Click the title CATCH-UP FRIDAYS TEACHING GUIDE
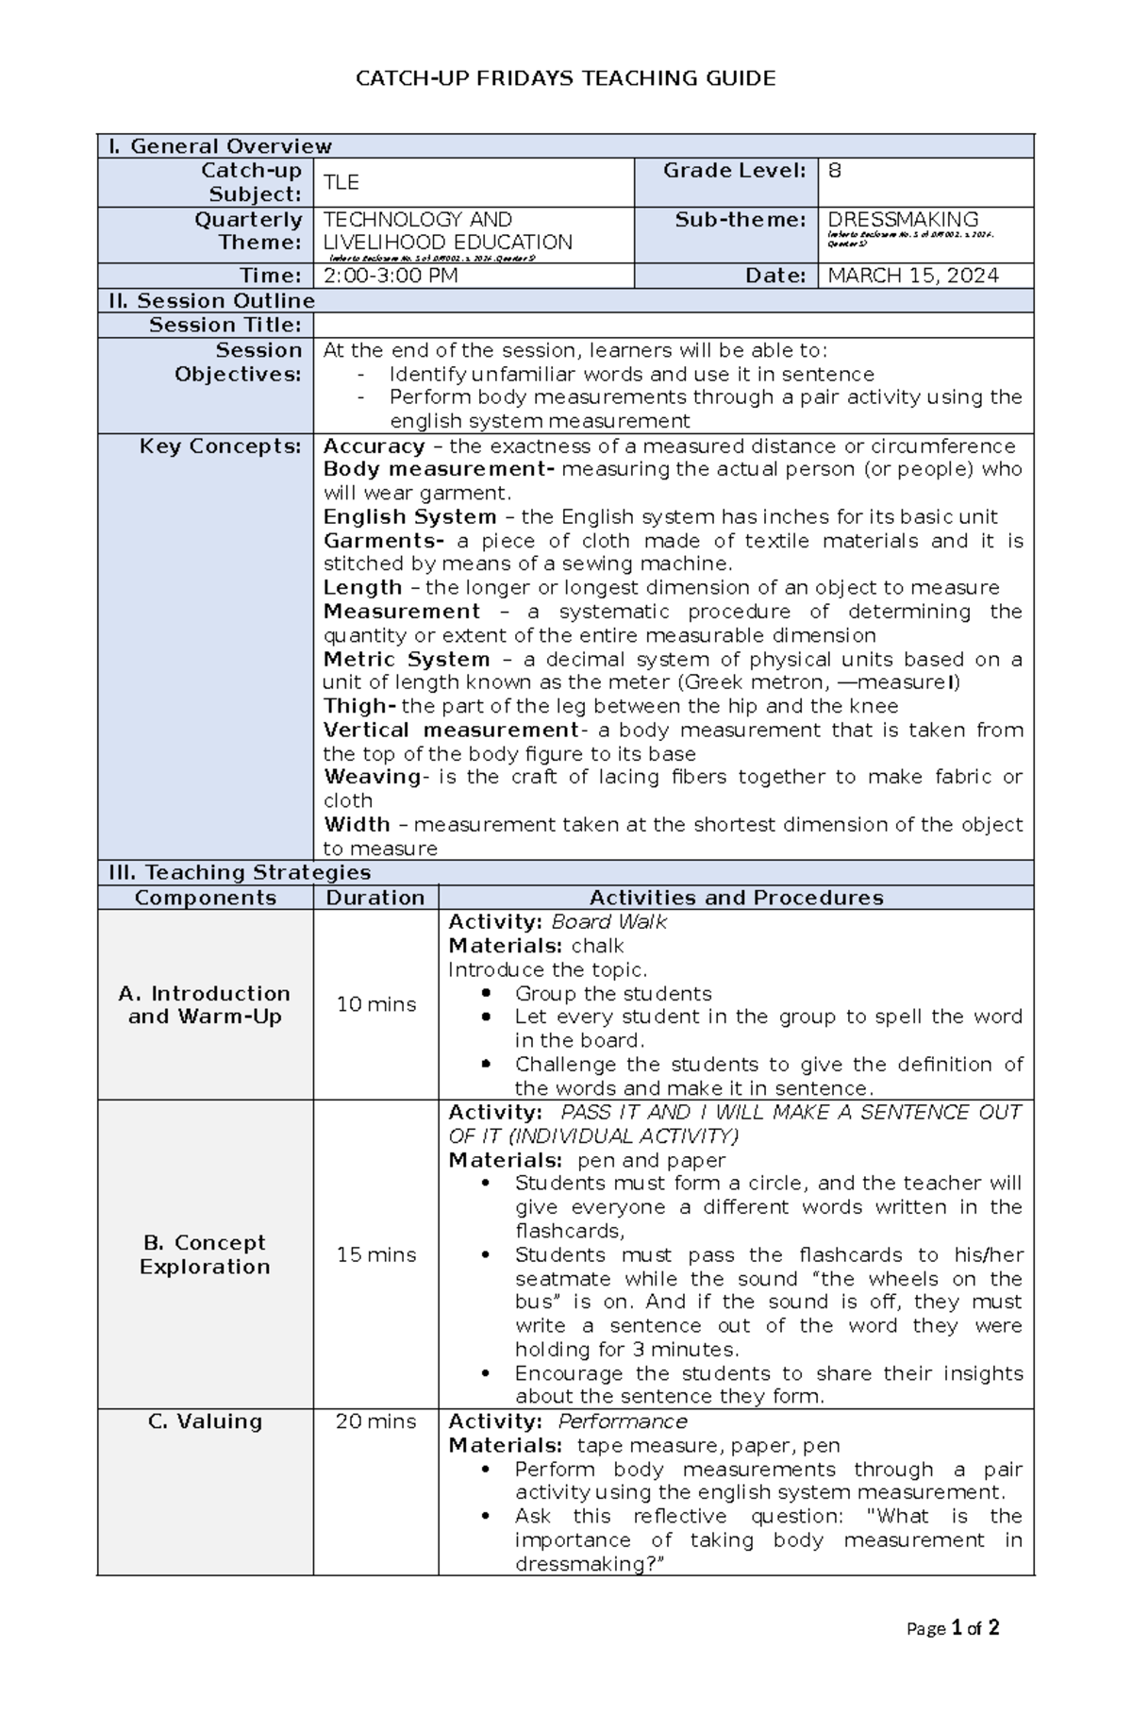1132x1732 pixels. point(565,78)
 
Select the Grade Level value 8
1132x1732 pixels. point(834,171)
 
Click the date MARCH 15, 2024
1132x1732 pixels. point(912,276)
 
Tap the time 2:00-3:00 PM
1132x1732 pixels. point(391,276)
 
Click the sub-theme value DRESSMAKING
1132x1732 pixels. point(902,219)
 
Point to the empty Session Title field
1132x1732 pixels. point(673,326)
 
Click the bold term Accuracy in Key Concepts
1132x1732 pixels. point(374,446)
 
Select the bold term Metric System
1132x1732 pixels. point(407,659)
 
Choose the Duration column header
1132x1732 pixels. point(375,898)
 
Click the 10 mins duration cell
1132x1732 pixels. point(375,1004)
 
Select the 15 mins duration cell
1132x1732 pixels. point(375,1254)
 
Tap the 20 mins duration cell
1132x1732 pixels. point(375,1421)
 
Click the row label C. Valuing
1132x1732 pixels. point(205,1421)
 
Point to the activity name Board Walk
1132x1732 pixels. point(608,922)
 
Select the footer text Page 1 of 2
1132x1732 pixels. point(952,1628)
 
